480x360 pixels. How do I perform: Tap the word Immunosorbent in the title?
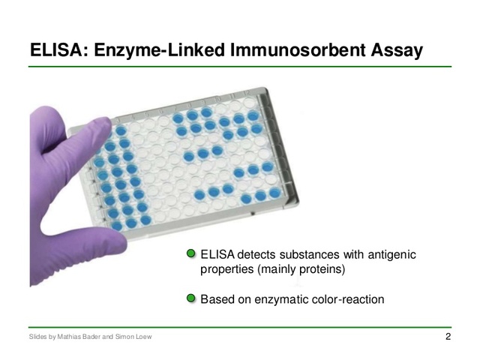[x=286, y=50]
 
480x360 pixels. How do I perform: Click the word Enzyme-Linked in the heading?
[x=160, y=50]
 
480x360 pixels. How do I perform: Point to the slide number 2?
[x=448, y=337]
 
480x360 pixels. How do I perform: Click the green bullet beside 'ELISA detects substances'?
[x=191, y=255]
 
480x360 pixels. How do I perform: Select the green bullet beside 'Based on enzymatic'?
[x=191, y=298]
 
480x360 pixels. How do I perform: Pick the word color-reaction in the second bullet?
[x=349, y=299]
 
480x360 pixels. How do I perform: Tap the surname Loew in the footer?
[x=142, y=337]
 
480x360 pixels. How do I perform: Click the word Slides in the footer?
[x=37, y=337]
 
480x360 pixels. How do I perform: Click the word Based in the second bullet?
[x=217, y=299]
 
